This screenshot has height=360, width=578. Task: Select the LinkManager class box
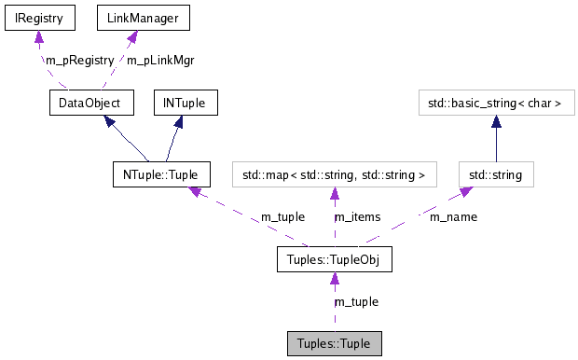point(131,18)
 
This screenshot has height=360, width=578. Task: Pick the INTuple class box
point(186,102)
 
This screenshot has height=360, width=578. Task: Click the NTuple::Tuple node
point(160,174)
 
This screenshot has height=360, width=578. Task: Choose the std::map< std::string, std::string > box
point(334,174)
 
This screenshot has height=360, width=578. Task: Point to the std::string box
point(496,174)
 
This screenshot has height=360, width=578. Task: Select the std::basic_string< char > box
point(496,102)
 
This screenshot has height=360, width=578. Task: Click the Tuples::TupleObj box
point(334,259)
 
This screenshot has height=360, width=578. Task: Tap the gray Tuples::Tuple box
point(334,343)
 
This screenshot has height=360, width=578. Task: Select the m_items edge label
point(358,217)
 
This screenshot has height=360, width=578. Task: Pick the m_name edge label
point(453,217)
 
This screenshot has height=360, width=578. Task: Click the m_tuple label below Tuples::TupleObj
point(356,301)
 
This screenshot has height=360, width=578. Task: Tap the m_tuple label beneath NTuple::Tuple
point(282,217)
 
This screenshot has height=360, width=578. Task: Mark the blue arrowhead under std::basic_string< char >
point(496,121)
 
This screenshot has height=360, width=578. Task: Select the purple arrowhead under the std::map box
point(334,193)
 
